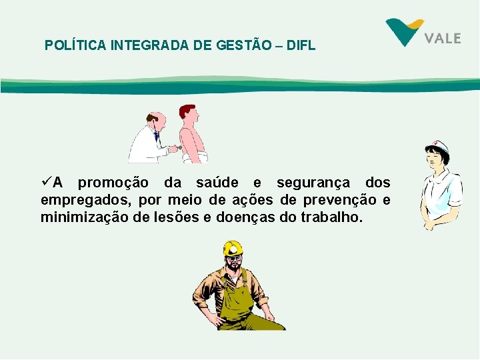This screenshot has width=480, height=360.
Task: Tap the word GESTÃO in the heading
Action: point(247,46)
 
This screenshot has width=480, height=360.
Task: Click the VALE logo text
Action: point(443,38)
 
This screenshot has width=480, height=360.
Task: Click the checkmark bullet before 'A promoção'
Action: point(45,182)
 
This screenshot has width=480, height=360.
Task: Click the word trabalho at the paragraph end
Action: point(331,217)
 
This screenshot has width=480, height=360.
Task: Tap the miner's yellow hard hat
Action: point(233,249)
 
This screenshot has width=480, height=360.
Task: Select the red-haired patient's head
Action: point(187,113)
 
